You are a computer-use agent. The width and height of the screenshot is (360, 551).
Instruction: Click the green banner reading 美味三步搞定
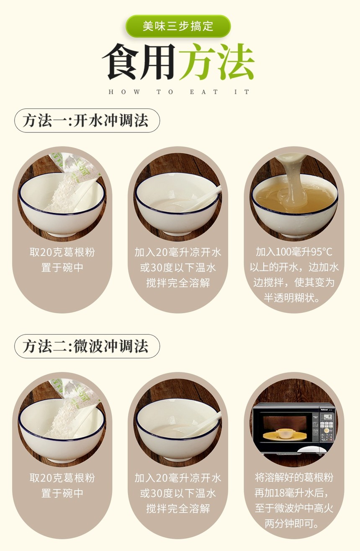coord(178,26)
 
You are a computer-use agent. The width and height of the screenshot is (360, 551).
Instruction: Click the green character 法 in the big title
coord(235,62)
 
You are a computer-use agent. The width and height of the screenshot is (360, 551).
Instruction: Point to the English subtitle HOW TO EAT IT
coord(179,92)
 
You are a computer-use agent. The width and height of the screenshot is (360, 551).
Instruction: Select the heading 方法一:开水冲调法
coord(87,121)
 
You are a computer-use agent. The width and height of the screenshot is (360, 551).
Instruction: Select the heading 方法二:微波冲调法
coord(87,346)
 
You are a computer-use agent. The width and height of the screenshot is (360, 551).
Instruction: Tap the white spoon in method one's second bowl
coord(202,199)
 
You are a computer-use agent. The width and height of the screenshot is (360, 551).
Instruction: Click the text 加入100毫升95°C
coord(294,252)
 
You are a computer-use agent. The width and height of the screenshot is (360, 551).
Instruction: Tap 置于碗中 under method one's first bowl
coord(62,268)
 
